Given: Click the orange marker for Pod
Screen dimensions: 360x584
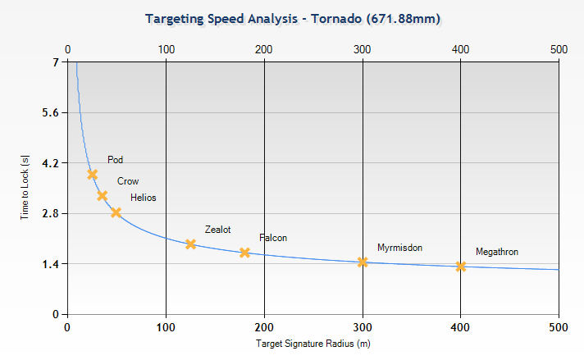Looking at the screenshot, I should [x=93, y=174].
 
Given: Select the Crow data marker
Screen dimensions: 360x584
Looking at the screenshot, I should [x=102, y=195].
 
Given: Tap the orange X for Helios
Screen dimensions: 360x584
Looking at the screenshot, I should [x=116, y=212].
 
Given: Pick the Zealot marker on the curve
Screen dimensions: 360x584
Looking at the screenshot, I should [x=190, y=244].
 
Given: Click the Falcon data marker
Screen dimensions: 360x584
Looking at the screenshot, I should [x=244, y=253].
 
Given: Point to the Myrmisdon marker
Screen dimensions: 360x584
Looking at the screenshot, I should [x=363, y=262].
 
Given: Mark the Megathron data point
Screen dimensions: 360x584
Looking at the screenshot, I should [x=461, y=266].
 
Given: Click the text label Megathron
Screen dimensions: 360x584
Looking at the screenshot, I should [x=496, y=252].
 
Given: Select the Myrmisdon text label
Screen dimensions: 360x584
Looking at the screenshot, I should [x=399, y=247].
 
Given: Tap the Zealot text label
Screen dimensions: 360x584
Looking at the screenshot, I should [x=217, y=230].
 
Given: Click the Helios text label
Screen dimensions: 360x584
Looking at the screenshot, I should [x=143, y=198].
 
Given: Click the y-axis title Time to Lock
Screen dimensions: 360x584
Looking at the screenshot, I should [x=25, y=188].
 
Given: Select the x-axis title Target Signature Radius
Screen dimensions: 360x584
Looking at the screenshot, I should [x=307, y=344].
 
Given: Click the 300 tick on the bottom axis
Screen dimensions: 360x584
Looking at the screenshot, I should [x=363, y=327].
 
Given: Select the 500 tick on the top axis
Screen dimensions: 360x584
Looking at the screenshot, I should [x=559, y=49].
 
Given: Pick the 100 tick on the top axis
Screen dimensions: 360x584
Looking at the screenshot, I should [x=166, y=49].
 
